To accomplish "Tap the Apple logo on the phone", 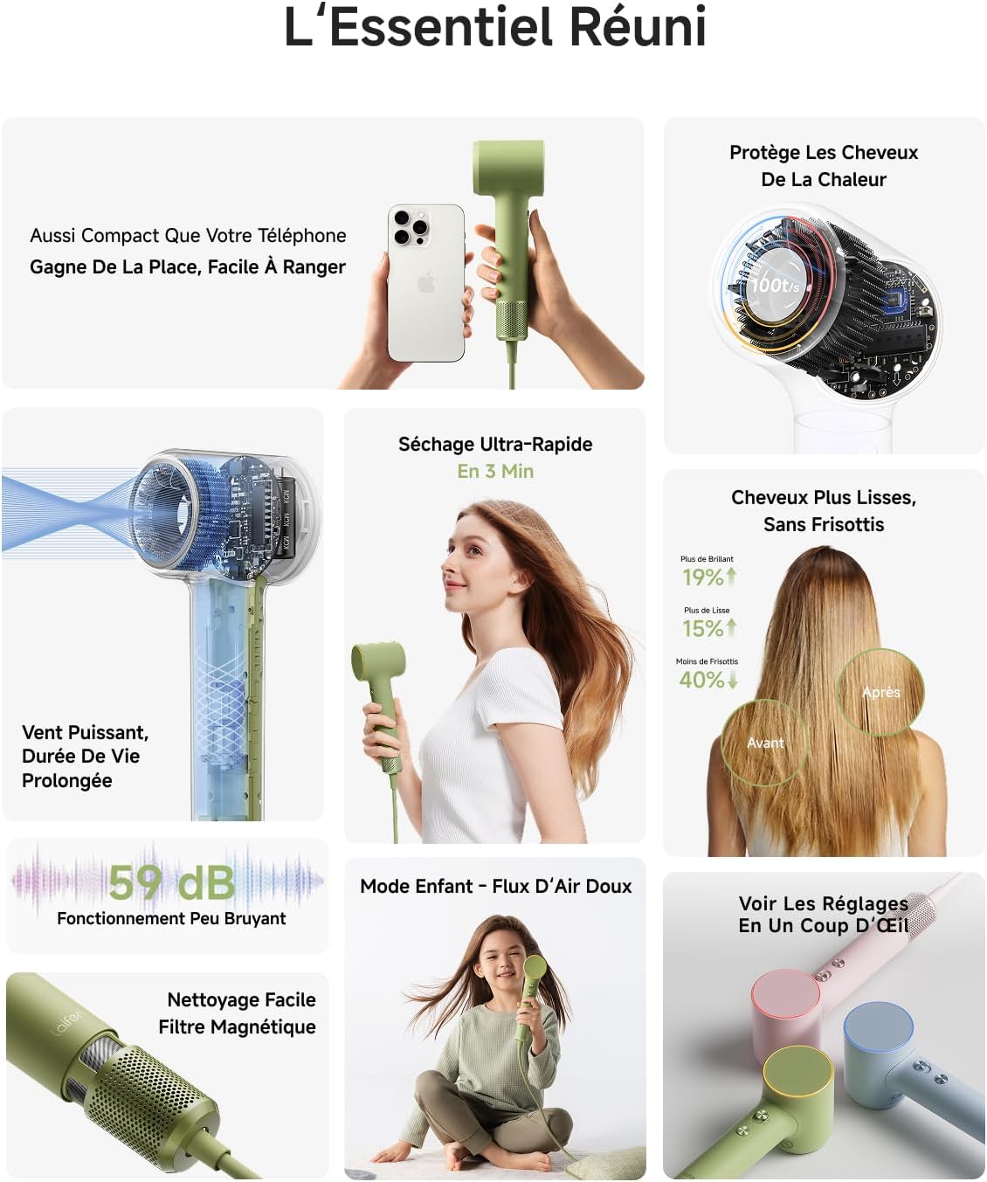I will click(426, 282).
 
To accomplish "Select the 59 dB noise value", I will click(172, 882).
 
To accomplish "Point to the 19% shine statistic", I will click(703, 577).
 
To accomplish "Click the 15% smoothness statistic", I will click(703, 629).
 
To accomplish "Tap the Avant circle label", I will click(765, 743).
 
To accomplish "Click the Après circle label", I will click(880, 692).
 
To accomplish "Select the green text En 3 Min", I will click(495, 471).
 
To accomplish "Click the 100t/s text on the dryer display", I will click(775, 285).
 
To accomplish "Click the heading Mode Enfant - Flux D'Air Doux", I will click(495, 886).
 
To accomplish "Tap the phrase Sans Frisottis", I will click(824, 524).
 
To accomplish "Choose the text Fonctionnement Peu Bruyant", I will click(171, 918).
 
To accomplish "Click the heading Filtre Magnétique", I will click(237, 1026).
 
